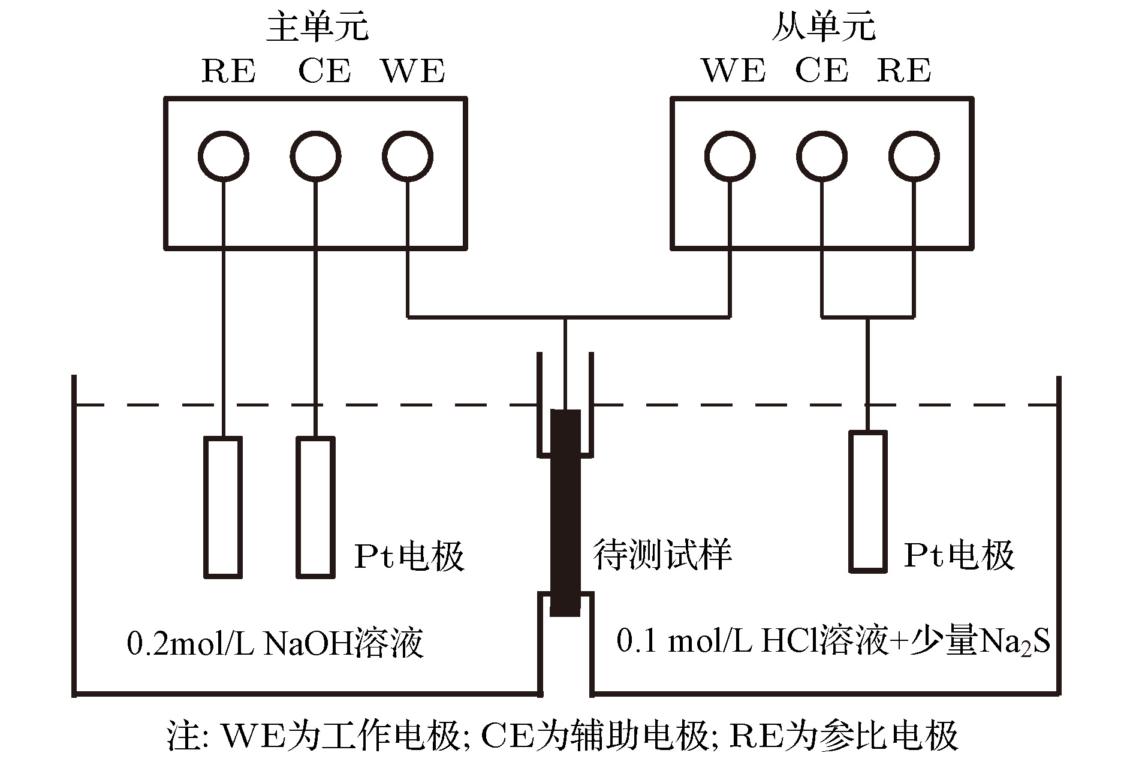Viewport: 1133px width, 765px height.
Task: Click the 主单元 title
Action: click(317, 28)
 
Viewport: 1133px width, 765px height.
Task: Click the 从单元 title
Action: click(823, 28)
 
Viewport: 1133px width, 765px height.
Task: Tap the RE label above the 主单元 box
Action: click(228, 71)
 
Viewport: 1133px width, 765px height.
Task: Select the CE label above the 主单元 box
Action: click(324, 71)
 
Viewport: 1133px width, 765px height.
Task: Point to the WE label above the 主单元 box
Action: click(414, 71)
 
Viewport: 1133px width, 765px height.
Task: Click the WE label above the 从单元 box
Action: click(734, 71)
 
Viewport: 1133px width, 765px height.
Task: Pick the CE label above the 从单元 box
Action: click(822, 71)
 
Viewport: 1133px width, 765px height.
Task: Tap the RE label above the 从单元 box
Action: click(904, 71)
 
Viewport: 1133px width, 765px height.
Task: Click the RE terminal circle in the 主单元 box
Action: click(223, 156)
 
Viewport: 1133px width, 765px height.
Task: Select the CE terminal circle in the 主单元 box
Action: click(316, 156)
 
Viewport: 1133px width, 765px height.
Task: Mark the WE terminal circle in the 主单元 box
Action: click(408, 156)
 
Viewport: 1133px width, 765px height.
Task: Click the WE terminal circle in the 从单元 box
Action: click(730, 156)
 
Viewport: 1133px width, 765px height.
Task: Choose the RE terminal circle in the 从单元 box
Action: click(914, 156)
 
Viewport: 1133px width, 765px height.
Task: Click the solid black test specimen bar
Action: click(565, 513)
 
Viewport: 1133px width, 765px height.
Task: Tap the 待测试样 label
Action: click(662, 555)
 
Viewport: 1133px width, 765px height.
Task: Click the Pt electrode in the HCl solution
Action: click(867, 501)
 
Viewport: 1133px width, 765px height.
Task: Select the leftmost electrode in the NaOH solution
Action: click(223, 507)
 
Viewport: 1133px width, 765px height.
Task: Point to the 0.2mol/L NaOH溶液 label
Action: click(275, 643)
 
